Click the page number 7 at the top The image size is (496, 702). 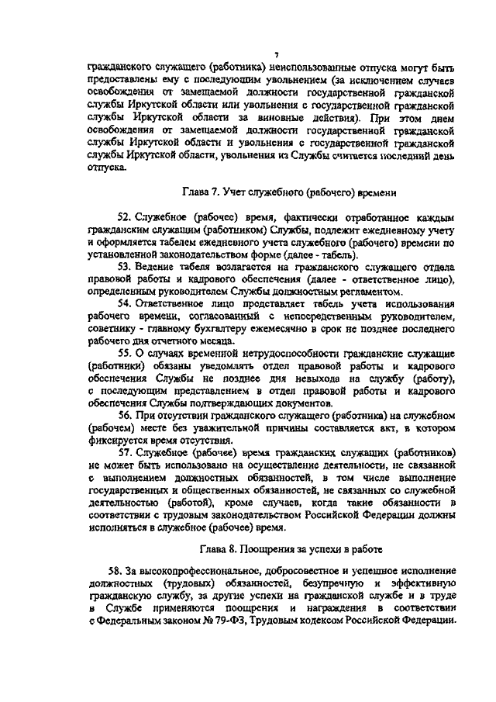coord(275,54)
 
